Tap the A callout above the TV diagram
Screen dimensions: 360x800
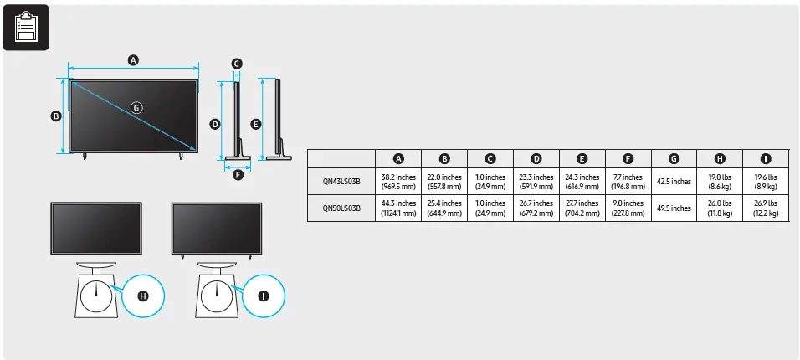pyautogui.click(x=133, y=59)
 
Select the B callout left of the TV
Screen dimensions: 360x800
pyautogui.click(x=55, y=116)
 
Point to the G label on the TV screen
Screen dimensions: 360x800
pyautogui.click(x=136, y=107)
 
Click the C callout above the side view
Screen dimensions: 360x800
pyautogui.click(x=237, y=64)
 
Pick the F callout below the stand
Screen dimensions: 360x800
pyautogui.click(x=238, y=175)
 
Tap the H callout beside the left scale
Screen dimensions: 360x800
pyautogui.click(x=142, y=296)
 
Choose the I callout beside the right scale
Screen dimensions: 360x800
pyautogui.click(x=264, y=296)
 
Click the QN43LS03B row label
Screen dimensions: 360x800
pyautogui.click(x=341, y=182)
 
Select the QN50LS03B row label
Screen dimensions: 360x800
pyautogui.click(x=341, y=208)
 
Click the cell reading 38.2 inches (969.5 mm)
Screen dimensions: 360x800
pyautogui.click(x=398, y=182)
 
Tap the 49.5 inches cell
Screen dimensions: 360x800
pyautogui.click(x=674, y=208)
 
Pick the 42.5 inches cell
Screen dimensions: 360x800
pyautogui.click(x=674, y=182)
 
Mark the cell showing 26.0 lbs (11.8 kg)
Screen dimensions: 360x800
pyautogui.click(x=720, y=208)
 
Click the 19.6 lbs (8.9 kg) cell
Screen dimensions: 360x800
pyautogui.click(x=766, y=182)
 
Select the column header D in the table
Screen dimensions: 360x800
pyautogui.click(x=536, y=158)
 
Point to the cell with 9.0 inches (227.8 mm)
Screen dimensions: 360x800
pyautogui.click(x=628, y=208)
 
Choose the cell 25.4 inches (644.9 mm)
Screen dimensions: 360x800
pyautogui.click(x=444, y=208)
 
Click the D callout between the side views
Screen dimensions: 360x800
pyautogui.click(x=215, y=124)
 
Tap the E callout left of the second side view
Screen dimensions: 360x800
pyautogui.click(x=256, y=124)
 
